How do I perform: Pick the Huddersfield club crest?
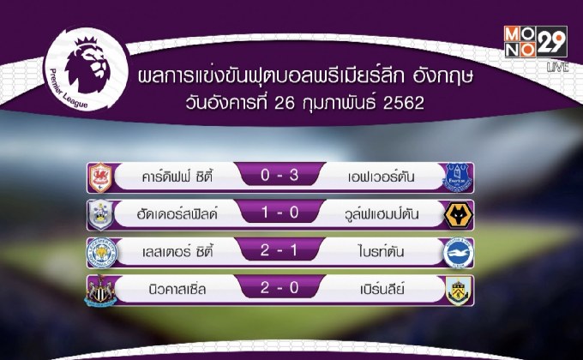[x=102, y=214]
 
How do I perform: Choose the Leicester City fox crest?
[x=102, y=254]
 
